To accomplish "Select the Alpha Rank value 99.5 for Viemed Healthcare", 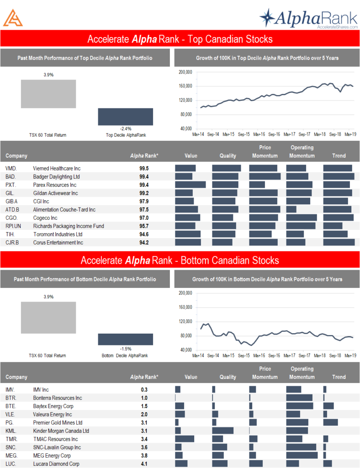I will pyautogui.click(x=144, y=169).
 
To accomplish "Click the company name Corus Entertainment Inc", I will pyautogui.click(x=58, y=243).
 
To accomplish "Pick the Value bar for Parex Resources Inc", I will pyautogui.click(x=190, y=185).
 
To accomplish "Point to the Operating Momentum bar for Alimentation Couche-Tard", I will pyautogui.click(x=291, y=210).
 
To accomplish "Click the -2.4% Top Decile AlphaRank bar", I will pyautogui.click(x=125, y=117).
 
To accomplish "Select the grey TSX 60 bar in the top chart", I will pyautogui.click(x=48, y=94).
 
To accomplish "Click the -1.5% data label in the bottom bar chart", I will pyautogui.click(x=126, y=348).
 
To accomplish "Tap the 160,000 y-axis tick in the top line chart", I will pyautogui.click(x=185, y=86).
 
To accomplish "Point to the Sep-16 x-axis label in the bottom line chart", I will pyautogui.click(x=274, y=356).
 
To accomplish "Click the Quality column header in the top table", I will pyautogui.click(x=228, y=156).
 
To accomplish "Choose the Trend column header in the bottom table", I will pyautogui.click(x=339, y=377).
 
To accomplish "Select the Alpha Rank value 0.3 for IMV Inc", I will pyautogui.click(x=144, y=390).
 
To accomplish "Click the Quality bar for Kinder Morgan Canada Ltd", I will pyautogui.click(x=222, y=431).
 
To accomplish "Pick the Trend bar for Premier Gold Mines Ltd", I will pyautogui.click(x=330, y=423).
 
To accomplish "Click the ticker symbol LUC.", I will pyautogui.click(x=11, y=464).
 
